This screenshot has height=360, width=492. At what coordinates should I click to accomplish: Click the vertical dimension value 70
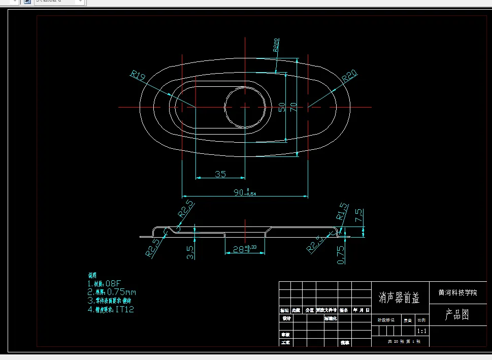[x=293, y=107]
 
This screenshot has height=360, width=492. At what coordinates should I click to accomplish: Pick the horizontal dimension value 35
[x=220, y=174]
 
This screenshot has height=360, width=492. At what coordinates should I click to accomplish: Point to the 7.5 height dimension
[x=359, y=216]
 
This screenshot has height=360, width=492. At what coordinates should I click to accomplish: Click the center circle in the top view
[x=245, y=107]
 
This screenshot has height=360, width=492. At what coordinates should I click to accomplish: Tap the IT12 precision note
[x=125, y=309]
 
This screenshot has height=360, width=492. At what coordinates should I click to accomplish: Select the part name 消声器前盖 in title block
[x=400, y=299]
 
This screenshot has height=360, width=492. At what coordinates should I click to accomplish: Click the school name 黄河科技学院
[x=457, y=292]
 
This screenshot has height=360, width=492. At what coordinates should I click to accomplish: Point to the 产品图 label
[x=457, y=315]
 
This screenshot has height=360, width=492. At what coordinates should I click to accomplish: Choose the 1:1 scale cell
[x=421, y=331]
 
